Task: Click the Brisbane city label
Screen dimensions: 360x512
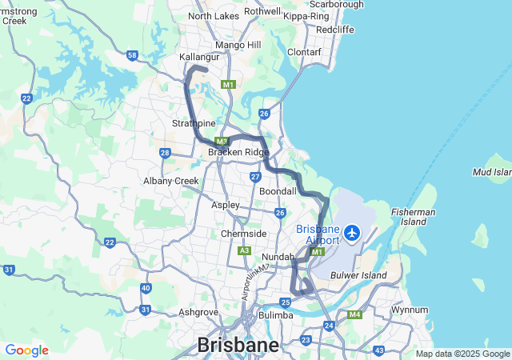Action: point(239,346)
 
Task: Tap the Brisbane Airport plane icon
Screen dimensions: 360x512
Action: point(352,234)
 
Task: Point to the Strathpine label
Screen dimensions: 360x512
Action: point(194,123)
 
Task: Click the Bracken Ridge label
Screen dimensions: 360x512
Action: point(238,152)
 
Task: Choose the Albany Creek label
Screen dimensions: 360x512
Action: point(171,181)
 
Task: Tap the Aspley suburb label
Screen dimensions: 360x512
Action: point(225,205)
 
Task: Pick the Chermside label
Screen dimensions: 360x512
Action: point(244,234)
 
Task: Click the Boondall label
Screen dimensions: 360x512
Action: point(278,192)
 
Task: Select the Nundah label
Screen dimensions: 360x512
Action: point(278,257)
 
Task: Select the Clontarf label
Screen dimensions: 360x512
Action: point(304,52)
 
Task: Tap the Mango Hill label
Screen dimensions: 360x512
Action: point(238,45)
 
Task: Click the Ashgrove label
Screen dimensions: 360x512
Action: point(199,312)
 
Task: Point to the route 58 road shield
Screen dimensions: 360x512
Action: point(132,55)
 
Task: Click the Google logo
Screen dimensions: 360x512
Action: point(26,350)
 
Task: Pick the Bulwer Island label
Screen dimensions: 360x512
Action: point(359,275)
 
